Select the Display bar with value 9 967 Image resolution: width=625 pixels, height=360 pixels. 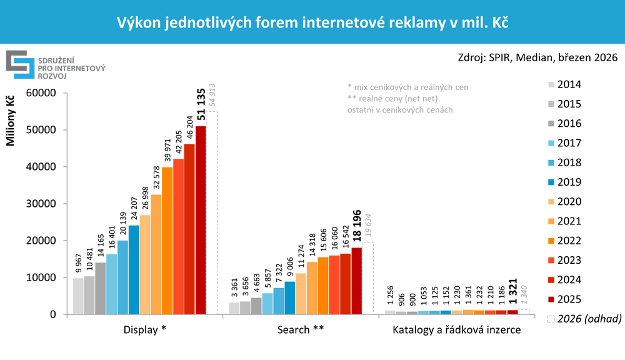coord(78,296)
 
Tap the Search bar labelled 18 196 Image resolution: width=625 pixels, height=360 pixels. coord(357,281)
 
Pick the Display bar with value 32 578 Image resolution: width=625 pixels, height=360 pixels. coord(156,254)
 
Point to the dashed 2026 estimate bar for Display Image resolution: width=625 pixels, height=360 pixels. coord(212,212)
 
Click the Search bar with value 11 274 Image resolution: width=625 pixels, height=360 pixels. coord(301,293)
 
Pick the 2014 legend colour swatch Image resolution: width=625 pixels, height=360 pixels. coord(551,85)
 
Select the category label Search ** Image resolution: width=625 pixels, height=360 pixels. coord(301,329)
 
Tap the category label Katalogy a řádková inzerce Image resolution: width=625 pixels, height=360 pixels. coord(457,329)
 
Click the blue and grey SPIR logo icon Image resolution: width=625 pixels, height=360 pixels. coord(20,64)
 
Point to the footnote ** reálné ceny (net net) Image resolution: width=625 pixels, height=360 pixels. coord(393,99)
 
